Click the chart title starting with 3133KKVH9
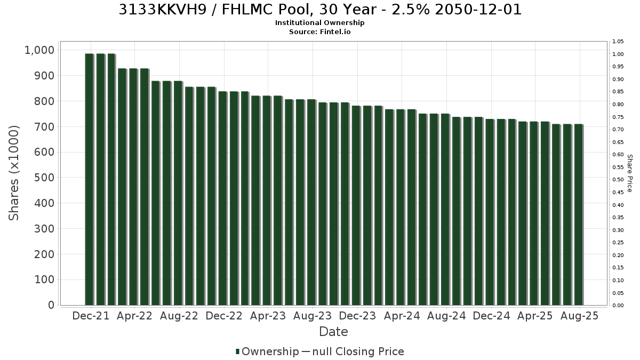click(320, 10)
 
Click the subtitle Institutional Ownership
click(319, 23)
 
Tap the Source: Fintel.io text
click(319, 31)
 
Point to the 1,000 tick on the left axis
click(39, 50)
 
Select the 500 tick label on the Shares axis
click(44, 178)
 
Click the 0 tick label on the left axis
click(51, 305)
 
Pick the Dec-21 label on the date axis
click(91, 316)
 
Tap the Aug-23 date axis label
click(313, 316)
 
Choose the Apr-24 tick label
click(402, 316)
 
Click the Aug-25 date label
click(579, 316)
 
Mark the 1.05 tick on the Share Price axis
click(618, 42)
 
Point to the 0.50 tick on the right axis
click(618, 180)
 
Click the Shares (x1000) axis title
click(14, 173)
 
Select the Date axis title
click(333, 332)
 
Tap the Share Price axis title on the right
click(629, 173)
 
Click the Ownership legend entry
click(267, 351)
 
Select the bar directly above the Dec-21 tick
click(89, 179)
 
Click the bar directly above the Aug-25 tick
click(578, 214)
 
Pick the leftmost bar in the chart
click(89, 179)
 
